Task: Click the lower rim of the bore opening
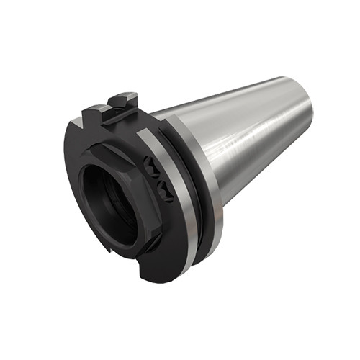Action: coord(115,241)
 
